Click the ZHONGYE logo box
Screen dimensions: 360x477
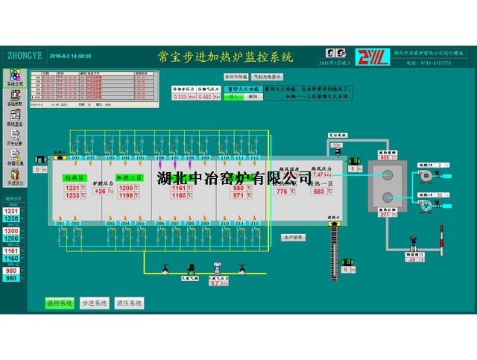pos(24,55)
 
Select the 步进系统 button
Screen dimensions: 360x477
pos(95,303)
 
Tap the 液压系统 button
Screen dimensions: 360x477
pos(128,303)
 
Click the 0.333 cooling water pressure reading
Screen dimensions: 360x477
pos(180,97)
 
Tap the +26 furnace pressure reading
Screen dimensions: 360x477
pos(100,192)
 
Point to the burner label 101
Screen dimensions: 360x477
pos(75,158)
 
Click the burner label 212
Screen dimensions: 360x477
pos(253,224)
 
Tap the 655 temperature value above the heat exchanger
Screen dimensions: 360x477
pos(385,157)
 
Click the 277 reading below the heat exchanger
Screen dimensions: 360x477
pos(385,215)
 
